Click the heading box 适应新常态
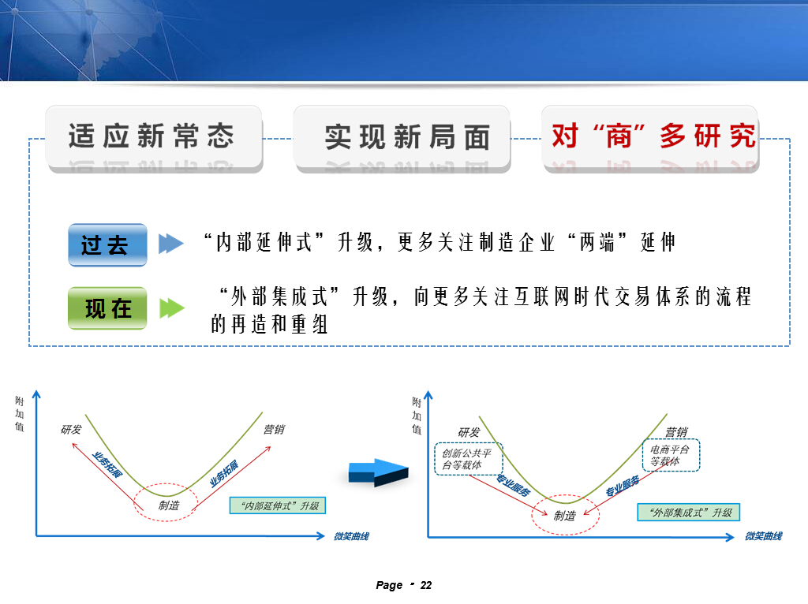tap(154, 138)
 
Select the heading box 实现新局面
tap(402, 138)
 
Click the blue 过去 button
tap(107, 244)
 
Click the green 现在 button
tap(107, 308)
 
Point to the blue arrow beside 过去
tap(171, 244)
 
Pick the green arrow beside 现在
tap(172, 308)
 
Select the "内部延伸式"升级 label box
tap(277, 505)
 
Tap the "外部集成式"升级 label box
tap(688, 513)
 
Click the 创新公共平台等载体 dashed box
tap(469, 459)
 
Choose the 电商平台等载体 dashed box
tap(671, 455)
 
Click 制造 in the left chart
tap(169, 505)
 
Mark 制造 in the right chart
tap(565, 516)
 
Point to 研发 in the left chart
tap(71, 430)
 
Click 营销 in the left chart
tap(274, 430)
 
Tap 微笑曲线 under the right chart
tap(764, 536)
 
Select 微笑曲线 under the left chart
tap(351, 536)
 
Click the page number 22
tap(426, 585)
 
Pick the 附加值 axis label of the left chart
tap(20, 413)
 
